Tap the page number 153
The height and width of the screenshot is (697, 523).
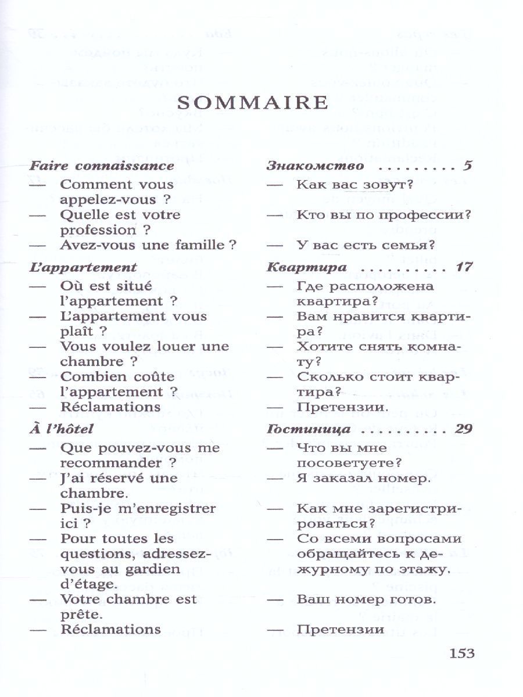(462, 653)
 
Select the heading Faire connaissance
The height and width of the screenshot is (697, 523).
(102, 166)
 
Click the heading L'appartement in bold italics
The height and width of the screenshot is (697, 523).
(83, 268)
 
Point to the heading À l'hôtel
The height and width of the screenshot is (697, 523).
(61, 430)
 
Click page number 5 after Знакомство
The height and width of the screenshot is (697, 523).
(468, 166)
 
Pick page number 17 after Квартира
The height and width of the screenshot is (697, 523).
(464, 268)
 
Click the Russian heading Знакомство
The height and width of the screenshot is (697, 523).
(316, 166)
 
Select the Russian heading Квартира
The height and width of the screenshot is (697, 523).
(306, 268)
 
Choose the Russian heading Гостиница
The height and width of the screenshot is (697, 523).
(309, 430)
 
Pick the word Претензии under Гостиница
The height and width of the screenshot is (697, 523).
(340, 630)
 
